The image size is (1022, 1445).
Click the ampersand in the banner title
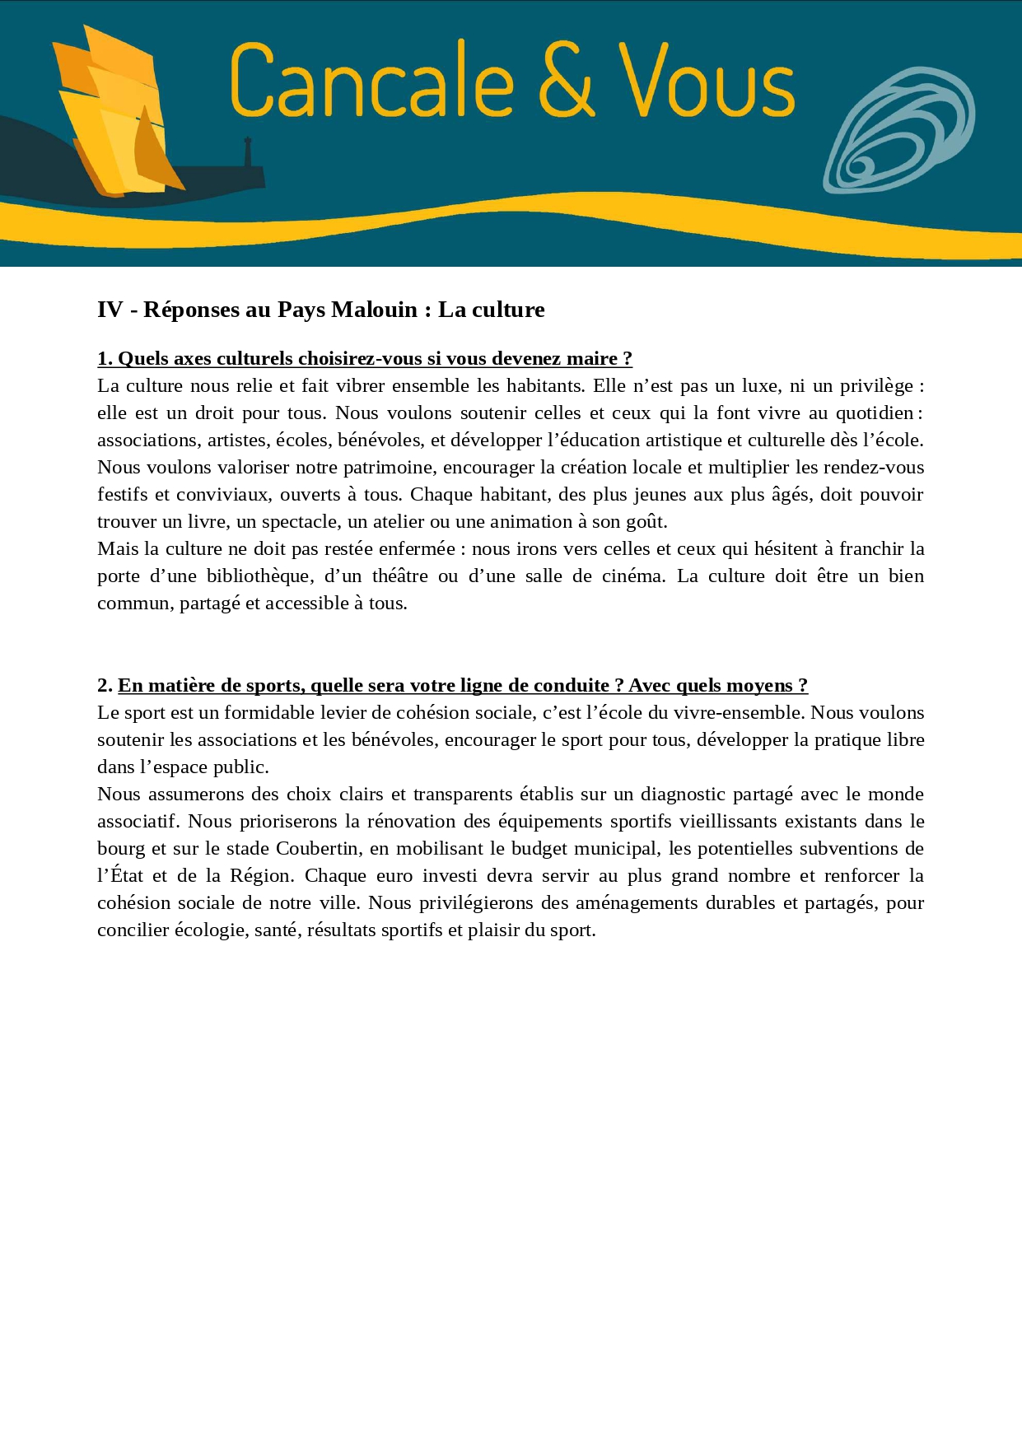tap(567, 79)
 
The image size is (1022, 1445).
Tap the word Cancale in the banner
tap(372, 79)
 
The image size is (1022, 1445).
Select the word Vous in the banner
tap(707, 79)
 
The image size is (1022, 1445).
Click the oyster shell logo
tap(899, 132)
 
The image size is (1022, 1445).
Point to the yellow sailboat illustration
tap(115, 115)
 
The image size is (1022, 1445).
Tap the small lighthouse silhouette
tap(247, 153)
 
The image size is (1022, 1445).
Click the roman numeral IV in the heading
tap(110, 310)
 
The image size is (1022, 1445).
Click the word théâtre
tap(399, 576)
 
